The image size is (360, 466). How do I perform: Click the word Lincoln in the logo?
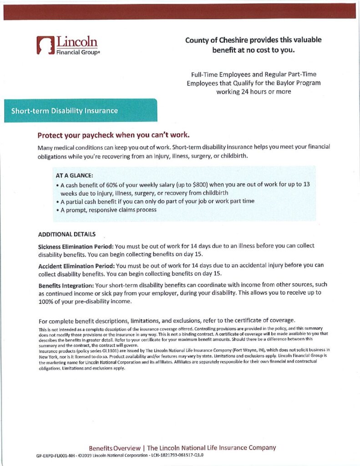click(x=76, y=42)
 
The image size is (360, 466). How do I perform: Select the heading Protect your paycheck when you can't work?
click(x=113, y=136)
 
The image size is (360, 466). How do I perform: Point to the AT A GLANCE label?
click(x=74, y=175)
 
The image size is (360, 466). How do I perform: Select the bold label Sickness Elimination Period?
click(x=75, y=246)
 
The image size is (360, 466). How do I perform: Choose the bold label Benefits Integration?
click(x=66, y=285)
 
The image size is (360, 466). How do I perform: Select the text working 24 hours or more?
click(x=254, y=91)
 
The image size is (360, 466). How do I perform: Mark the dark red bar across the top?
click(x=180, y=12)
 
